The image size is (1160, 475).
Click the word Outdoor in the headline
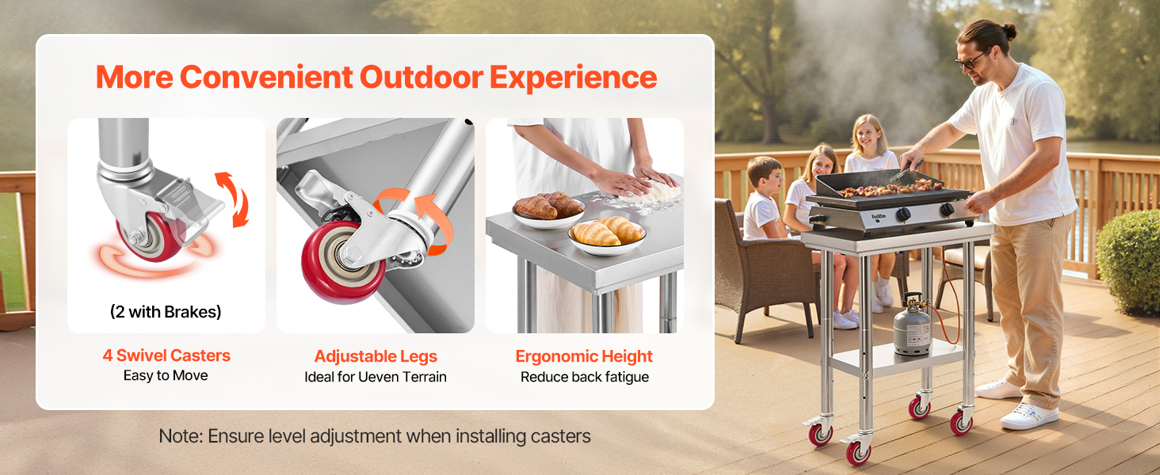coord(421,77)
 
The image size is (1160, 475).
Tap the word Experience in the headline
coord(574,78)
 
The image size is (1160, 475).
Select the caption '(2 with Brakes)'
coord(166,311)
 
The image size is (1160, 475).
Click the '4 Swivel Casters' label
coord(166,355)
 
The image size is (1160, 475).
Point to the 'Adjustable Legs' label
coord(376,356)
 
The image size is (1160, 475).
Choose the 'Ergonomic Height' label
coord(584,356)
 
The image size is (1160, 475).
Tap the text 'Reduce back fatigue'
coord(585,377)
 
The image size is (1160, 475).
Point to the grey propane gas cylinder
coord(911,325)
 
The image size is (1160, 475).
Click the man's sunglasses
coord(969,61)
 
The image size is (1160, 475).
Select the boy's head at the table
coord(765,175)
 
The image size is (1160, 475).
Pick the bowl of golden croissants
coord(606,236)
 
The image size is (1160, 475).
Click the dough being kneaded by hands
coord(654,193)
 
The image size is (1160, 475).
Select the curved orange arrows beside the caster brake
coord(234,199)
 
